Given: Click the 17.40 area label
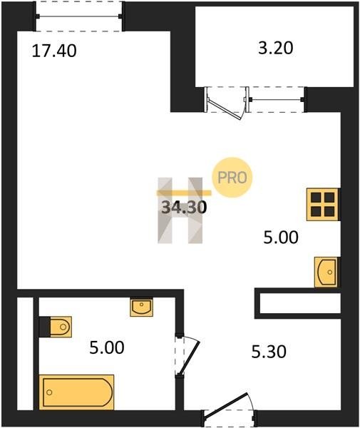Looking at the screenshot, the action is click(x=54, y=51).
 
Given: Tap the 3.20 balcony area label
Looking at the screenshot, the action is click(x=275, y=48).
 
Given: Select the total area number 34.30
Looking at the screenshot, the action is click(x=184, y=207).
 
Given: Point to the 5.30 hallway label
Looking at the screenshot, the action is click(x=269, y=352).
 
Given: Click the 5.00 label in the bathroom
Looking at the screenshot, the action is click(x=107, y=348).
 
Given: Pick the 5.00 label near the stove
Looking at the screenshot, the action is click(x=281, y=237).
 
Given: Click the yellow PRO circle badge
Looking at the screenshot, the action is click(x=232, y=178).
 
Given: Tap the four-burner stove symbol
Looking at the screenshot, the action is click(x=323, y=204).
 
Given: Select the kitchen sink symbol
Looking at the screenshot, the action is click(x=326, y=272).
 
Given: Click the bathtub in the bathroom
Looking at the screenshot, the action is click(x=76, y=392).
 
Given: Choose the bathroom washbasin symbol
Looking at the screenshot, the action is click(x=141, y=307).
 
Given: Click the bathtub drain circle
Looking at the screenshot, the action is click(x=49, y=392).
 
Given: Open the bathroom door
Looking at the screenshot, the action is click(x=189, y=358).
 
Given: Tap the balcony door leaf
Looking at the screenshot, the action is click(x=225, y=110).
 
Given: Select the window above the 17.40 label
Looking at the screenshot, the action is click(x=79, y=16).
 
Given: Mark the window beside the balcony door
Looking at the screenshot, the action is click(x=276, y=99).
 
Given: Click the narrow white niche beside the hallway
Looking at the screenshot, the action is click(x=300, y=303).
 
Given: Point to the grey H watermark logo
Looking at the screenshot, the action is click(x=180, y=210).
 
